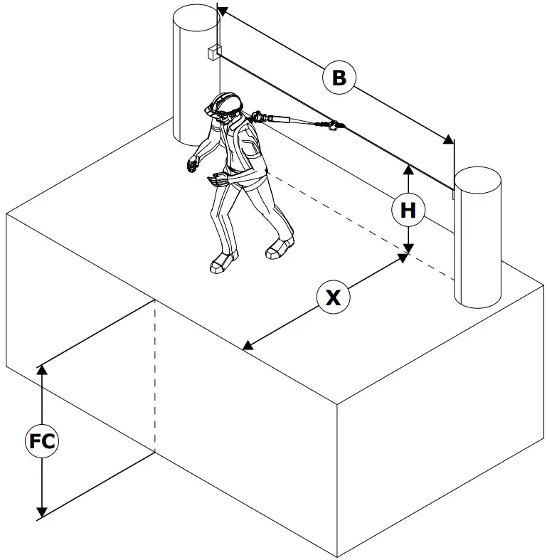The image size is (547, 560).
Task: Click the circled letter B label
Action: pos(339,77)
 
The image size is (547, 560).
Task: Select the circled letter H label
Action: pos(408,211)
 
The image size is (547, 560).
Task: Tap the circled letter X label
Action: pos(333,297)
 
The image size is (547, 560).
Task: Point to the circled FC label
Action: pos(42,442)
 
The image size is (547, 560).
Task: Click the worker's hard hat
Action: pos(226,103)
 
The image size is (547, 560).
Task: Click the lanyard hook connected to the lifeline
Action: pos(331,127)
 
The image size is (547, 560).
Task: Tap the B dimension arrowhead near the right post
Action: pos(448,139)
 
